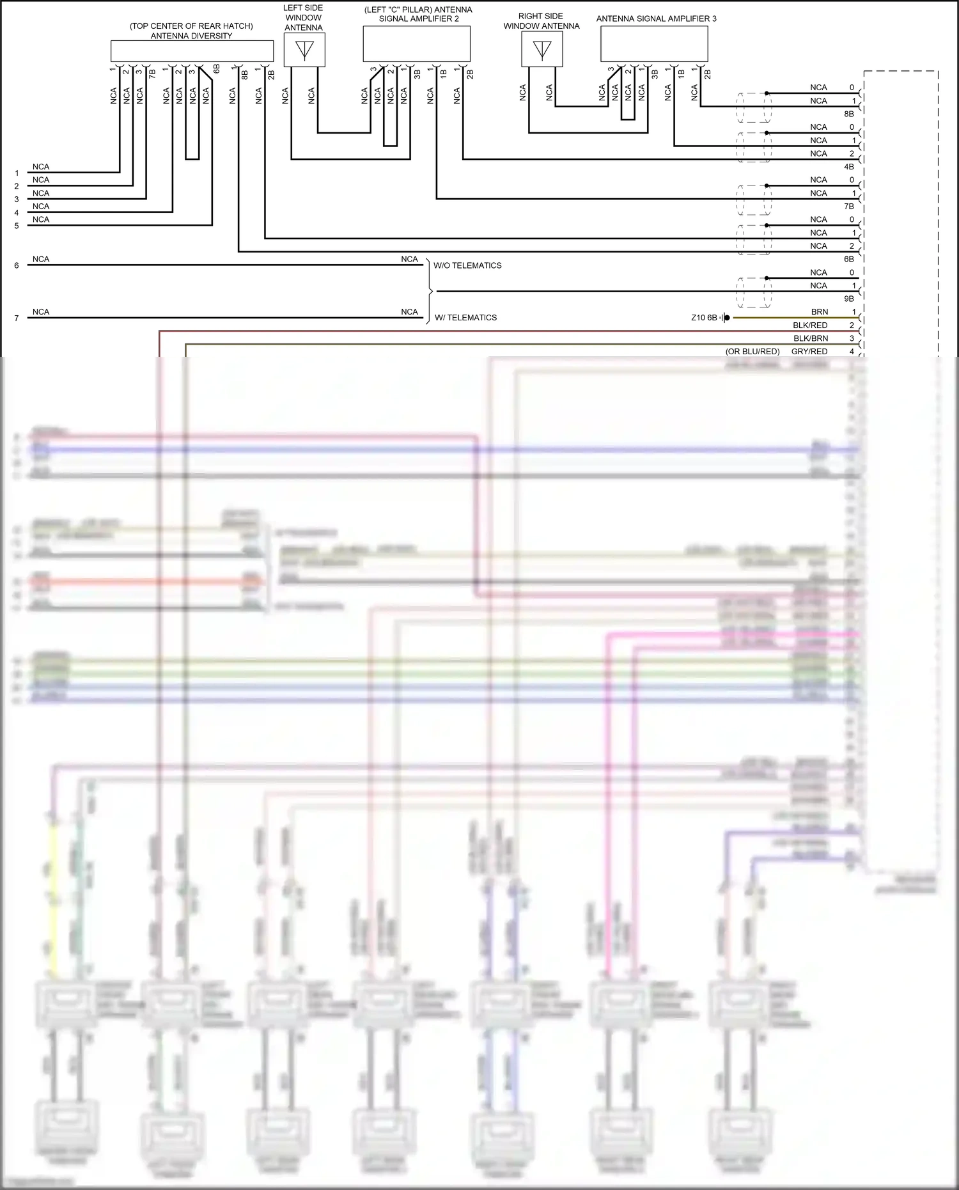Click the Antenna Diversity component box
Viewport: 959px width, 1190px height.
pos(192,51)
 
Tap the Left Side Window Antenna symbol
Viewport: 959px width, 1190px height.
pos(304,50)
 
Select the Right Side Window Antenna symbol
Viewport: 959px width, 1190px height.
pos(542,50)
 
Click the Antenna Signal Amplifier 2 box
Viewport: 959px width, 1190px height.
pos(416,44)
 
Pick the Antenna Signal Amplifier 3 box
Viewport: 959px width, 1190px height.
pos(654,44)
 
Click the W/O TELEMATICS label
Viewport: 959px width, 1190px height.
pos(467,265)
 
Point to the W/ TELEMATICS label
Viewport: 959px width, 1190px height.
pos(465,318)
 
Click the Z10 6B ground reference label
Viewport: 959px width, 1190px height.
pos(704,318)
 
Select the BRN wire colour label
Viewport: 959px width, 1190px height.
pos(820,312)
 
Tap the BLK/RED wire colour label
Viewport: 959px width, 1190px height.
pos(810,325)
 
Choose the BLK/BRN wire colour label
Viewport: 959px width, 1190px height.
pos(811,338)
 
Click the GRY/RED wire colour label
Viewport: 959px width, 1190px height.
pos(809,352)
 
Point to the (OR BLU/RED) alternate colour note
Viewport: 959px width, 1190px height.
pos(752,352)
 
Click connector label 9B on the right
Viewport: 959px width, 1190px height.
pos(848,299)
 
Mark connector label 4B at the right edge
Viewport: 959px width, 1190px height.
pos(848,167)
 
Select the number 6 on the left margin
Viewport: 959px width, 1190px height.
pos(17,265)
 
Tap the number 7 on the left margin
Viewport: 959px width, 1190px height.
pos(17,318)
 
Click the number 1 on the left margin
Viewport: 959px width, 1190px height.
pos(17,173)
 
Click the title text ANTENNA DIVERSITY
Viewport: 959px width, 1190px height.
pos(191,36)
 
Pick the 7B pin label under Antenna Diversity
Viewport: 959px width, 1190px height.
pos(152,74)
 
